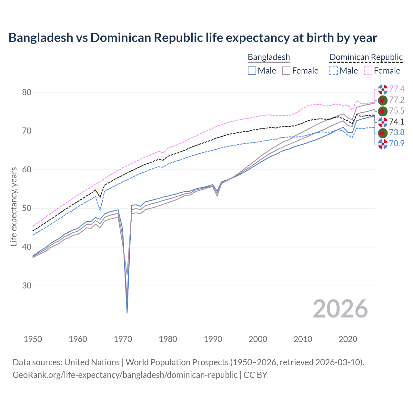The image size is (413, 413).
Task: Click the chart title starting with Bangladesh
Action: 193,38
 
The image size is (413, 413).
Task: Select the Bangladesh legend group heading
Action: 269,57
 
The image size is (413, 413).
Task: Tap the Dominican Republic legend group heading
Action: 366,57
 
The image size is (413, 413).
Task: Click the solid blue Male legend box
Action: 252,71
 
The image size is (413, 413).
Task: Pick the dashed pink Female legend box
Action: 368,71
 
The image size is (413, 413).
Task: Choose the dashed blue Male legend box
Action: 334,71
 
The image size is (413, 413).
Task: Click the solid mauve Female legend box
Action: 287,71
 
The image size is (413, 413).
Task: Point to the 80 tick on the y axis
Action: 27,92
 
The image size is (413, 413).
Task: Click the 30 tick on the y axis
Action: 27,286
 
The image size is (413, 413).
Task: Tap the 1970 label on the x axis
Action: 123,339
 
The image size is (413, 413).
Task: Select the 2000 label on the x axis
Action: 258,339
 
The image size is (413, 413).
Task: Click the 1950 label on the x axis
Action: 33,339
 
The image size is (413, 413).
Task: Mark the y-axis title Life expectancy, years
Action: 14,206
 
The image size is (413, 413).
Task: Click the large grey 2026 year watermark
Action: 340,309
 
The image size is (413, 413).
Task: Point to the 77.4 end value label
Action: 397,89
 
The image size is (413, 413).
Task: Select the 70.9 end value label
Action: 397,143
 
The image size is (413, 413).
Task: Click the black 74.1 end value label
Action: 397,122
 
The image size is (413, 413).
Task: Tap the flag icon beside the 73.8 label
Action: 383,133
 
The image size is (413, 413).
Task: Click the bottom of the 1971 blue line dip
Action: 127,313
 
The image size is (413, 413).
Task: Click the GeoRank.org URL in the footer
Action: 125,375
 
